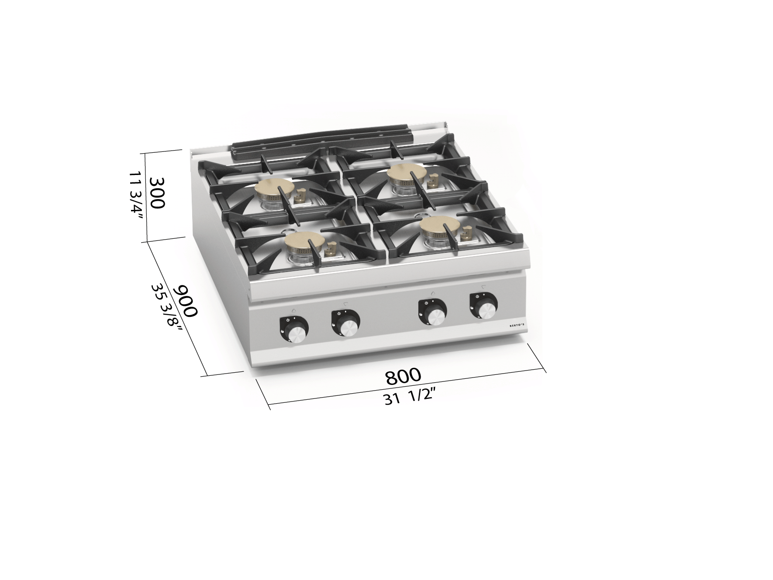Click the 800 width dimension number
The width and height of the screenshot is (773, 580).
point(403,376)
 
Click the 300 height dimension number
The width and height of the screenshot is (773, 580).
point(156,193)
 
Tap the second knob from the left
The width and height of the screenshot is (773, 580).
point(345,323)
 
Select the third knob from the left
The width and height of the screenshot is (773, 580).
point(432,312)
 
